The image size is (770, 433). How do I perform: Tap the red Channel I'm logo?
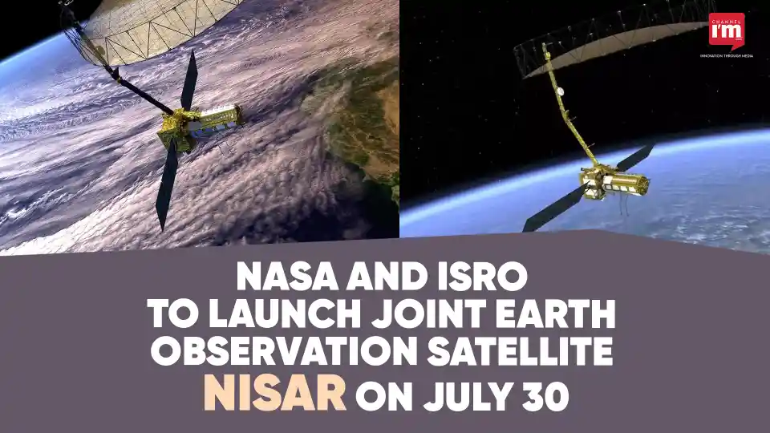coord(727,30)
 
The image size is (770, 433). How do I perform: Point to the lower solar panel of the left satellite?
coord(166,184)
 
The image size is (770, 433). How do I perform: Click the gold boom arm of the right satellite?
coord(565,104)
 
